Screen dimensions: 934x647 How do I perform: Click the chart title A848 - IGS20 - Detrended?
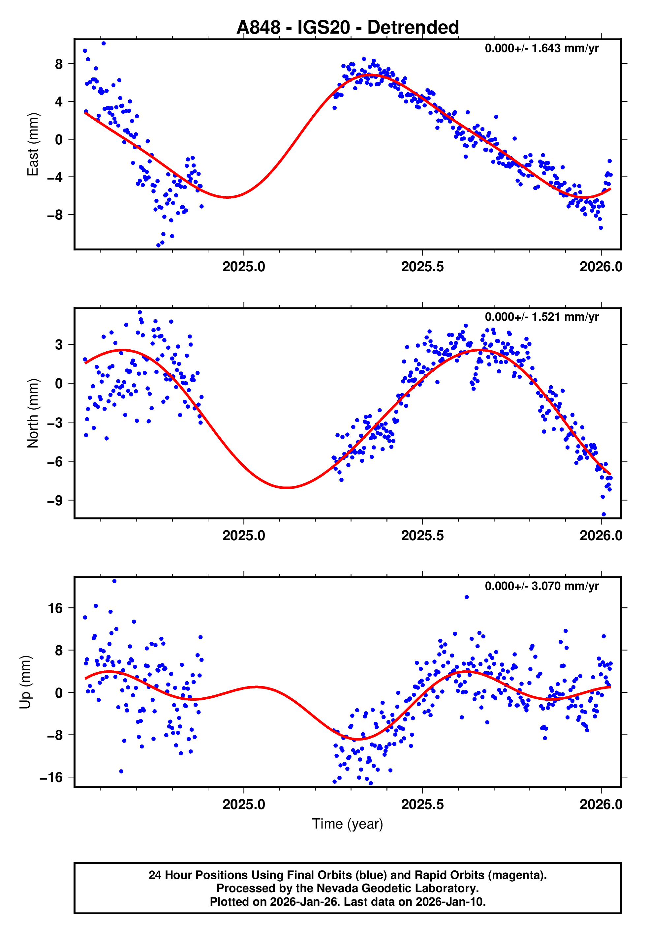tap(348, 28)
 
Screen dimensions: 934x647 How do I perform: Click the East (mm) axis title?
tap(32, 144)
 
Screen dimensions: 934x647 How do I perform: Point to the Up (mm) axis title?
tap(25, 682)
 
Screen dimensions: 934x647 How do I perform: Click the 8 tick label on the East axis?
tap(59, 64)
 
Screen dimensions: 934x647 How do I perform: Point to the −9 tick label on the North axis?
tap(55, 501)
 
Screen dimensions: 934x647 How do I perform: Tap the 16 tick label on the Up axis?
tap(55, 608)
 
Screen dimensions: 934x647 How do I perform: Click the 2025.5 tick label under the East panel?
tap(422, 267)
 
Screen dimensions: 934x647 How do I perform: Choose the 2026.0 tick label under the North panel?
tap(601, 536)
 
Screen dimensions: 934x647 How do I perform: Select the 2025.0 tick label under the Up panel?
tap(244, 804)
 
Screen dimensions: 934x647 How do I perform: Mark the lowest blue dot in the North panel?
tap(603, 514)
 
